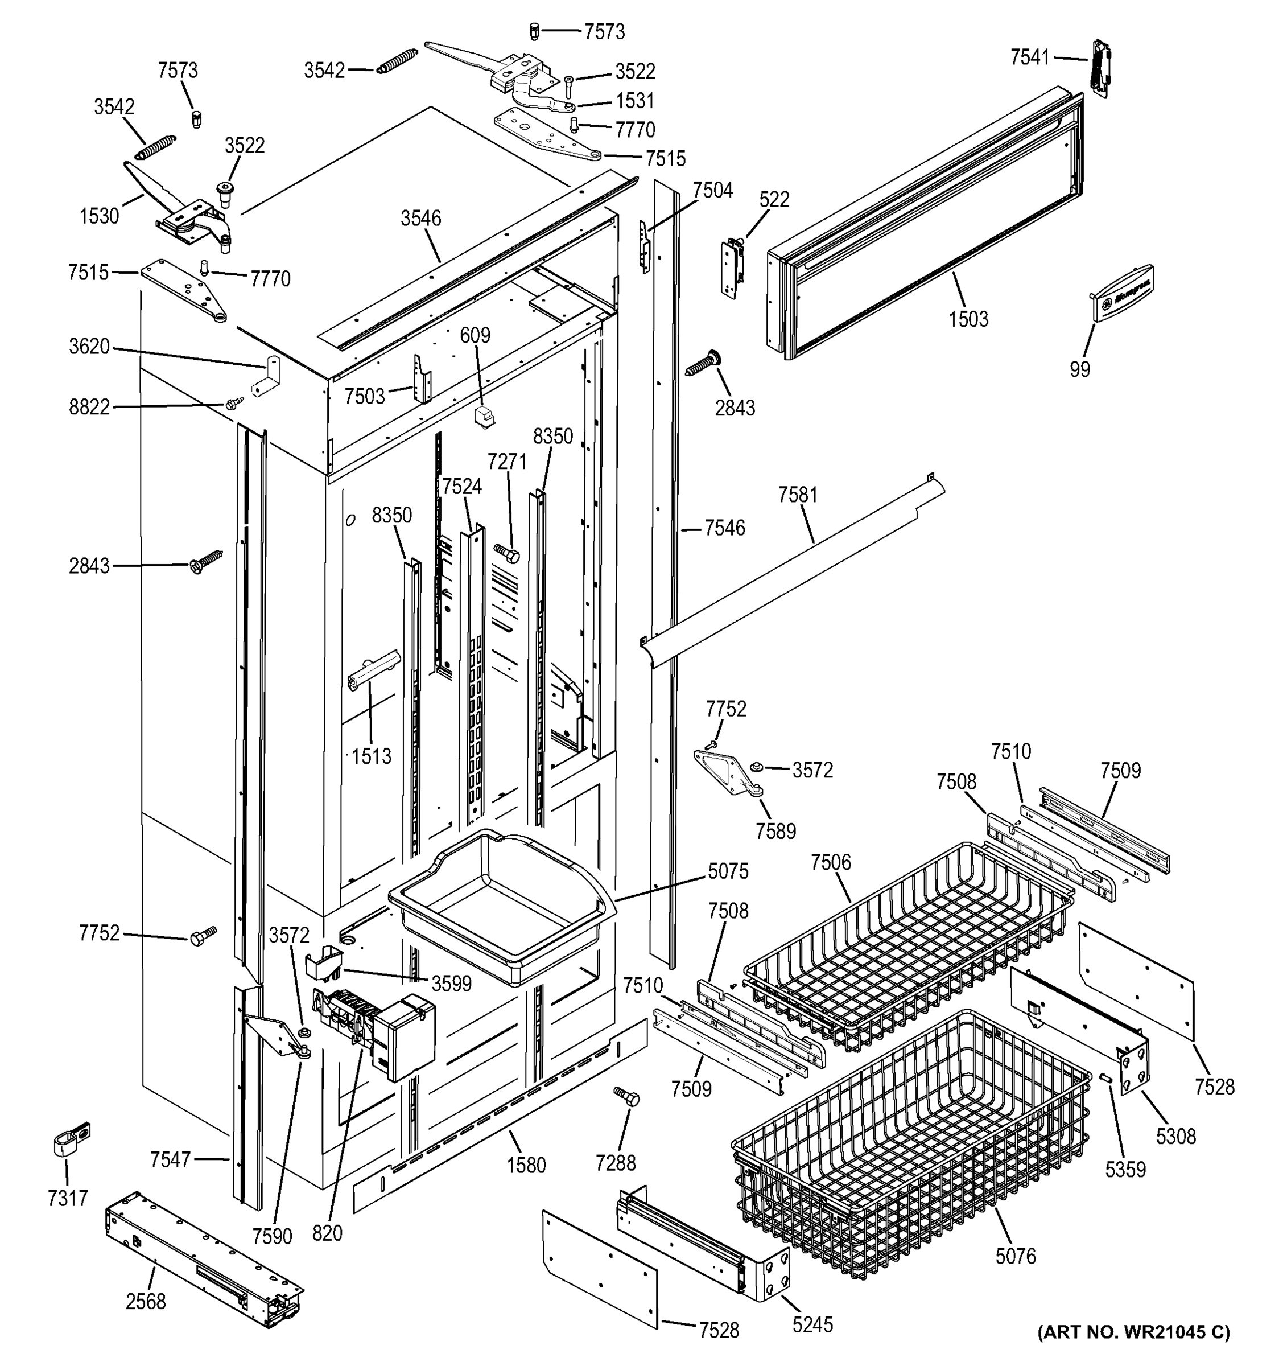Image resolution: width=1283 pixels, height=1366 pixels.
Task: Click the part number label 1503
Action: pyautogui.click(x=968, y=319)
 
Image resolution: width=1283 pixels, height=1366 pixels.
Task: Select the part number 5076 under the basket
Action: pyautogui.click(x=1015, y=1256)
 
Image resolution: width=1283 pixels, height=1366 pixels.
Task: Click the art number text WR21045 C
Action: pyautogui.click(x=1133, y=1332)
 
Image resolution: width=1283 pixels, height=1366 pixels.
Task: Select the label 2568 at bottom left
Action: pyautogui.click(x=146, y=1302)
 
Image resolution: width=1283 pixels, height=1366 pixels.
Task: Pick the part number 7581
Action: pyautogui.click(x=798, y=495)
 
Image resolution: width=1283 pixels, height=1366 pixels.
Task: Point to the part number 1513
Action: pyautogui.click(x=372, y=756)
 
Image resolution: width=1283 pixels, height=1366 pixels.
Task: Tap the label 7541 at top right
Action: pyautogui.click(x=1030, y=57)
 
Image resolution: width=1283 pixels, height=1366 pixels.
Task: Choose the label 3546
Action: pyautogui.click(x=421, y=219)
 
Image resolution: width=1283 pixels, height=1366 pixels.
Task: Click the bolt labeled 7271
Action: pyautogui.click(x=508, y=552)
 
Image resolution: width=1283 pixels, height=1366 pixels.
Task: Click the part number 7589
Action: pyautogui.click(x=775, y=831)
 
